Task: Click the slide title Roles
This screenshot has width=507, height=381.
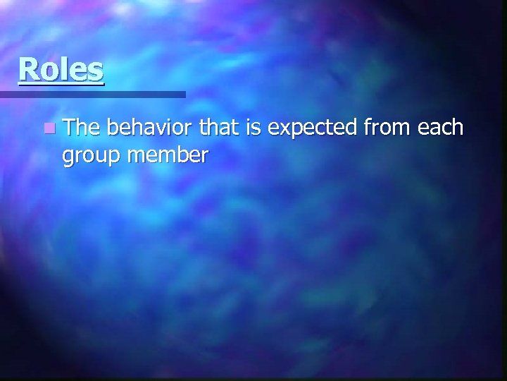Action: click(61, 69)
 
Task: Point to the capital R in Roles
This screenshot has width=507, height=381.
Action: click(28, 69)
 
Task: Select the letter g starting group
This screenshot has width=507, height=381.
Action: click(69, 159)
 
